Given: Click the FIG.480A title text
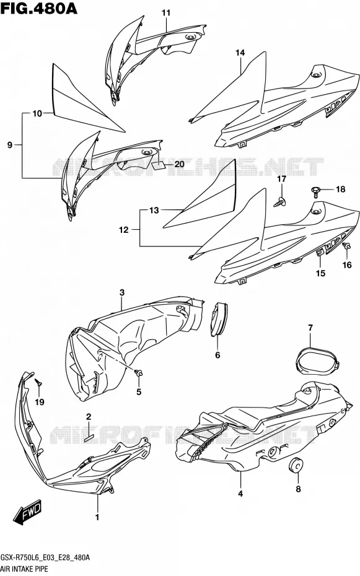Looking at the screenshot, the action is pyautogui.click(x=39, y=8).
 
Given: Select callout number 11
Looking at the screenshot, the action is pyautogui.click(x=167, y=13).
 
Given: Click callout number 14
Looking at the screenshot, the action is pyautogui.click(x=240, y=53).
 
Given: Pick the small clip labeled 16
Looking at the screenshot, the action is pyautogui.click(x=345, y=247).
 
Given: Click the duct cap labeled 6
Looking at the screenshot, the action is pyautogui.click(x=219, y=318).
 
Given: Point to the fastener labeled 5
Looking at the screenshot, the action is pyautogui.click(x=139, y=373).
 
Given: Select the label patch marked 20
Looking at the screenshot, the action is pyautogui.click(x=159, y=165).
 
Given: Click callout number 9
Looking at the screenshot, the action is pyautogui.click(x=10, y=145).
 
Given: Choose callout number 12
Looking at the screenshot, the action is pyautogui.click(x=124, y=230).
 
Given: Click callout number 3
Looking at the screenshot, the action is pyautogui.click(x=122, y=292).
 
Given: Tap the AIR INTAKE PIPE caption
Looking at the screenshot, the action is pyautogui.click(x=24, y=569).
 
